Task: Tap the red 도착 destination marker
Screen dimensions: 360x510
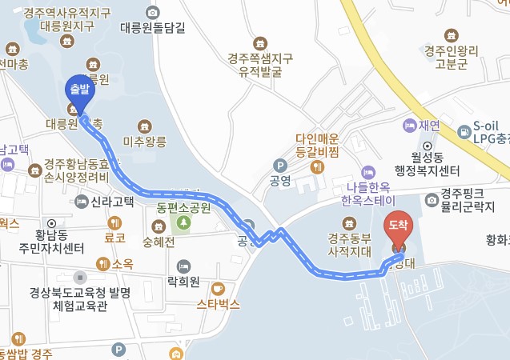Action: (x=398, y=227)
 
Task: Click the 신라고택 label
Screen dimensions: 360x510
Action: (x=112, y=201)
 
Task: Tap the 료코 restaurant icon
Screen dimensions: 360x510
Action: (x=114, y=223)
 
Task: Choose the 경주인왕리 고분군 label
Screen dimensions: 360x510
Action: (x=452, y=58)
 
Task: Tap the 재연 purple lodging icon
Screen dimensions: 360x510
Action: (x=409, y=126)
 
